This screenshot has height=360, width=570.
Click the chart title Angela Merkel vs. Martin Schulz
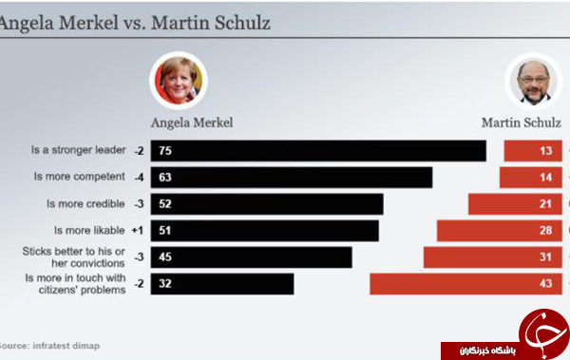click(x=135, y=24)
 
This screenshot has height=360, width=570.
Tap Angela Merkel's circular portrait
click(x=179, y=81)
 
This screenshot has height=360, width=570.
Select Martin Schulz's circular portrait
click(x=534, y=83)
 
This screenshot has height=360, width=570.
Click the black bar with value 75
click(x=318, y=150)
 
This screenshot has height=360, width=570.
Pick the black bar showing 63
click(x=292, y=178)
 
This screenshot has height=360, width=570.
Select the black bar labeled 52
click(x=267, y=204)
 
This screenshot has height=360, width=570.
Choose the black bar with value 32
click(x=222, y=284)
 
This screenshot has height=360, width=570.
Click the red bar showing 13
click(x=533, y=150)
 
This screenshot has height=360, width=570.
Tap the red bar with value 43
click(x=466, y=284)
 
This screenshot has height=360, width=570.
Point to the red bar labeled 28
click(x=500, y=231)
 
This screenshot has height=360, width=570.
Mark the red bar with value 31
click(x=493, y=257)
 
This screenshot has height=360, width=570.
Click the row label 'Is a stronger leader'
click(x=78, y=150)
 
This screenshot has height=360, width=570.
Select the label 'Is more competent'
click(x=79, y=177)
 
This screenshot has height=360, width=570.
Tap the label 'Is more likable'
click(x=89, y=230)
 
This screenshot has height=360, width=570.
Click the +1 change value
click(x=138, y=231)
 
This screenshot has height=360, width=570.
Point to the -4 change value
click(x=139, y=178)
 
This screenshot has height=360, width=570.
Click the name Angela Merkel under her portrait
click(x=192, y=123)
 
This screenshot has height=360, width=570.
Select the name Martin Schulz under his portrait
click(x=522, y=123)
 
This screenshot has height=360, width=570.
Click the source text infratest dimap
click(x=66, y=346)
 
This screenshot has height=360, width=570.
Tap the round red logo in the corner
click(x=544, y=333)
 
